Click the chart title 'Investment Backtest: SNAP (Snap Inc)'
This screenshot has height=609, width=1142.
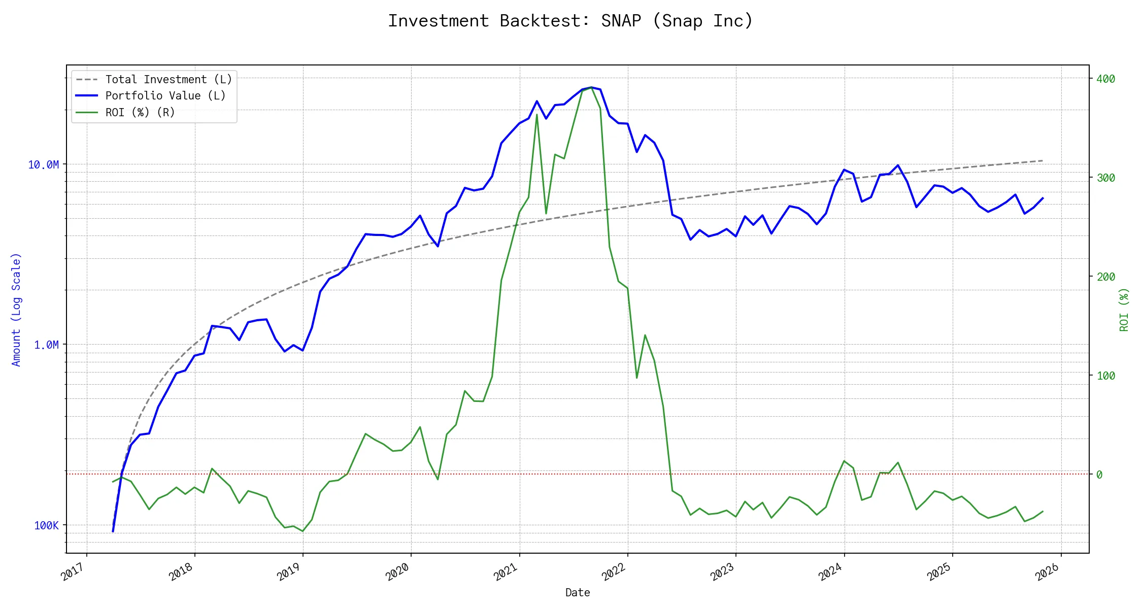point(570,21)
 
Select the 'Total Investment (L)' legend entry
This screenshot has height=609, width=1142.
point(169,80)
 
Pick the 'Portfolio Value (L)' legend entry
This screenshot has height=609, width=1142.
point(165,96)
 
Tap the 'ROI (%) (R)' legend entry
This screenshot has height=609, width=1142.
point(140,113)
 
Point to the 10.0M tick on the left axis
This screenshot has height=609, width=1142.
point(44,164)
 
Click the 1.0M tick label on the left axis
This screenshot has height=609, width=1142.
point(46,345)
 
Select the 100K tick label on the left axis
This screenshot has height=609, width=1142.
point(46,526)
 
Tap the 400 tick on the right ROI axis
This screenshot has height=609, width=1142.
point(1105,79)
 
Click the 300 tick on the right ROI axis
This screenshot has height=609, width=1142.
point(1105,178)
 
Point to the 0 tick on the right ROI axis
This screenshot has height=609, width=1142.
point(1099,475)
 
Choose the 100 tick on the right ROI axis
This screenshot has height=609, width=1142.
point(1105,376)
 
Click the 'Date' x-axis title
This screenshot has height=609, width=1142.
point(578,593)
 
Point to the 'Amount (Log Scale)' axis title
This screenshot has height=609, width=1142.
point(16,310)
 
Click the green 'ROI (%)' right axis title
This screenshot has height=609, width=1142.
point(1124,310)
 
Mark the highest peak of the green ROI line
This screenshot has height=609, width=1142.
point(591,87)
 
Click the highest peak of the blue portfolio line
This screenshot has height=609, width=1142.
point(591,87)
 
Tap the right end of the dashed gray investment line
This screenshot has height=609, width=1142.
point(1043,161)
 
